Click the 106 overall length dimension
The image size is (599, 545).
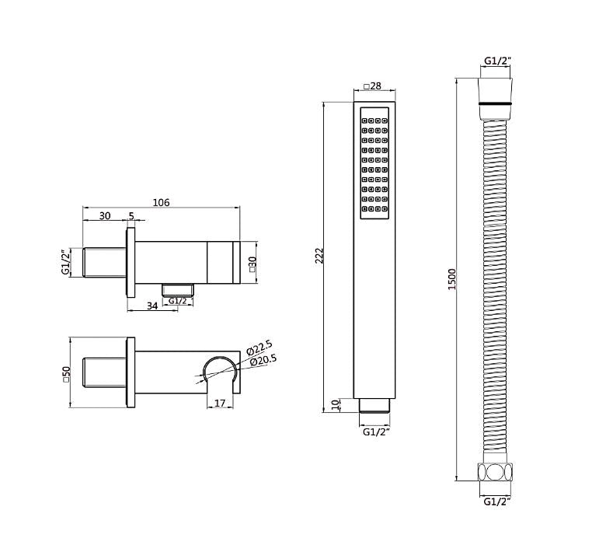tap(162, 202)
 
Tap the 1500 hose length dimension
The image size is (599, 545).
tap(452, 279)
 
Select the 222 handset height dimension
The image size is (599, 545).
tap(319, 256)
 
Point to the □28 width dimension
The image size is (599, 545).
tap(372, 86)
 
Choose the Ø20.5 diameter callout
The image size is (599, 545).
tap(263, 361)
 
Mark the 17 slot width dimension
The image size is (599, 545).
tap(220, 403)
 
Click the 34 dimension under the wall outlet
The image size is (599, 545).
tap(152, 306)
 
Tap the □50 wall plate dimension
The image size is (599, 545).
tap(66, 374)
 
